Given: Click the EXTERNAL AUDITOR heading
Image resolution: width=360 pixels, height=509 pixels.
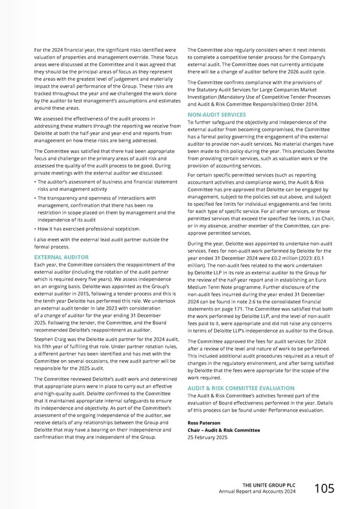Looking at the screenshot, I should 62,256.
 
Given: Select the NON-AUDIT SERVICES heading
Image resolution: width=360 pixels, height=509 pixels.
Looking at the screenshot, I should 217,115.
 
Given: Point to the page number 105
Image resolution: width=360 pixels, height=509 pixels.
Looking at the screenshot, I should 325,489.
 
